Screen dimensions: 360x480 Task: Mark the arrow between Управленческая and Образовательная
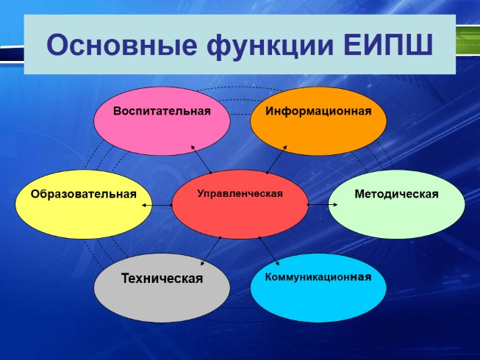(x=157, y=205)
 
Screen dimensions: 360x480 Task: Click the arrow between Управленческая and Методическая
(x=318, y=204)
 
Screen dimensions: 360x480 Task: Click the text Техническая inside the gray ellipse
(x=162, y=279)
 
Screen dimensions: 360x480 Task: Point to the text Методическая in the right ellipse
(x=396, y=195)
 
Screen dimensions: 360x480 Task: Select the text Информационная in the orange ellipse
(x=318, y=112)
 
